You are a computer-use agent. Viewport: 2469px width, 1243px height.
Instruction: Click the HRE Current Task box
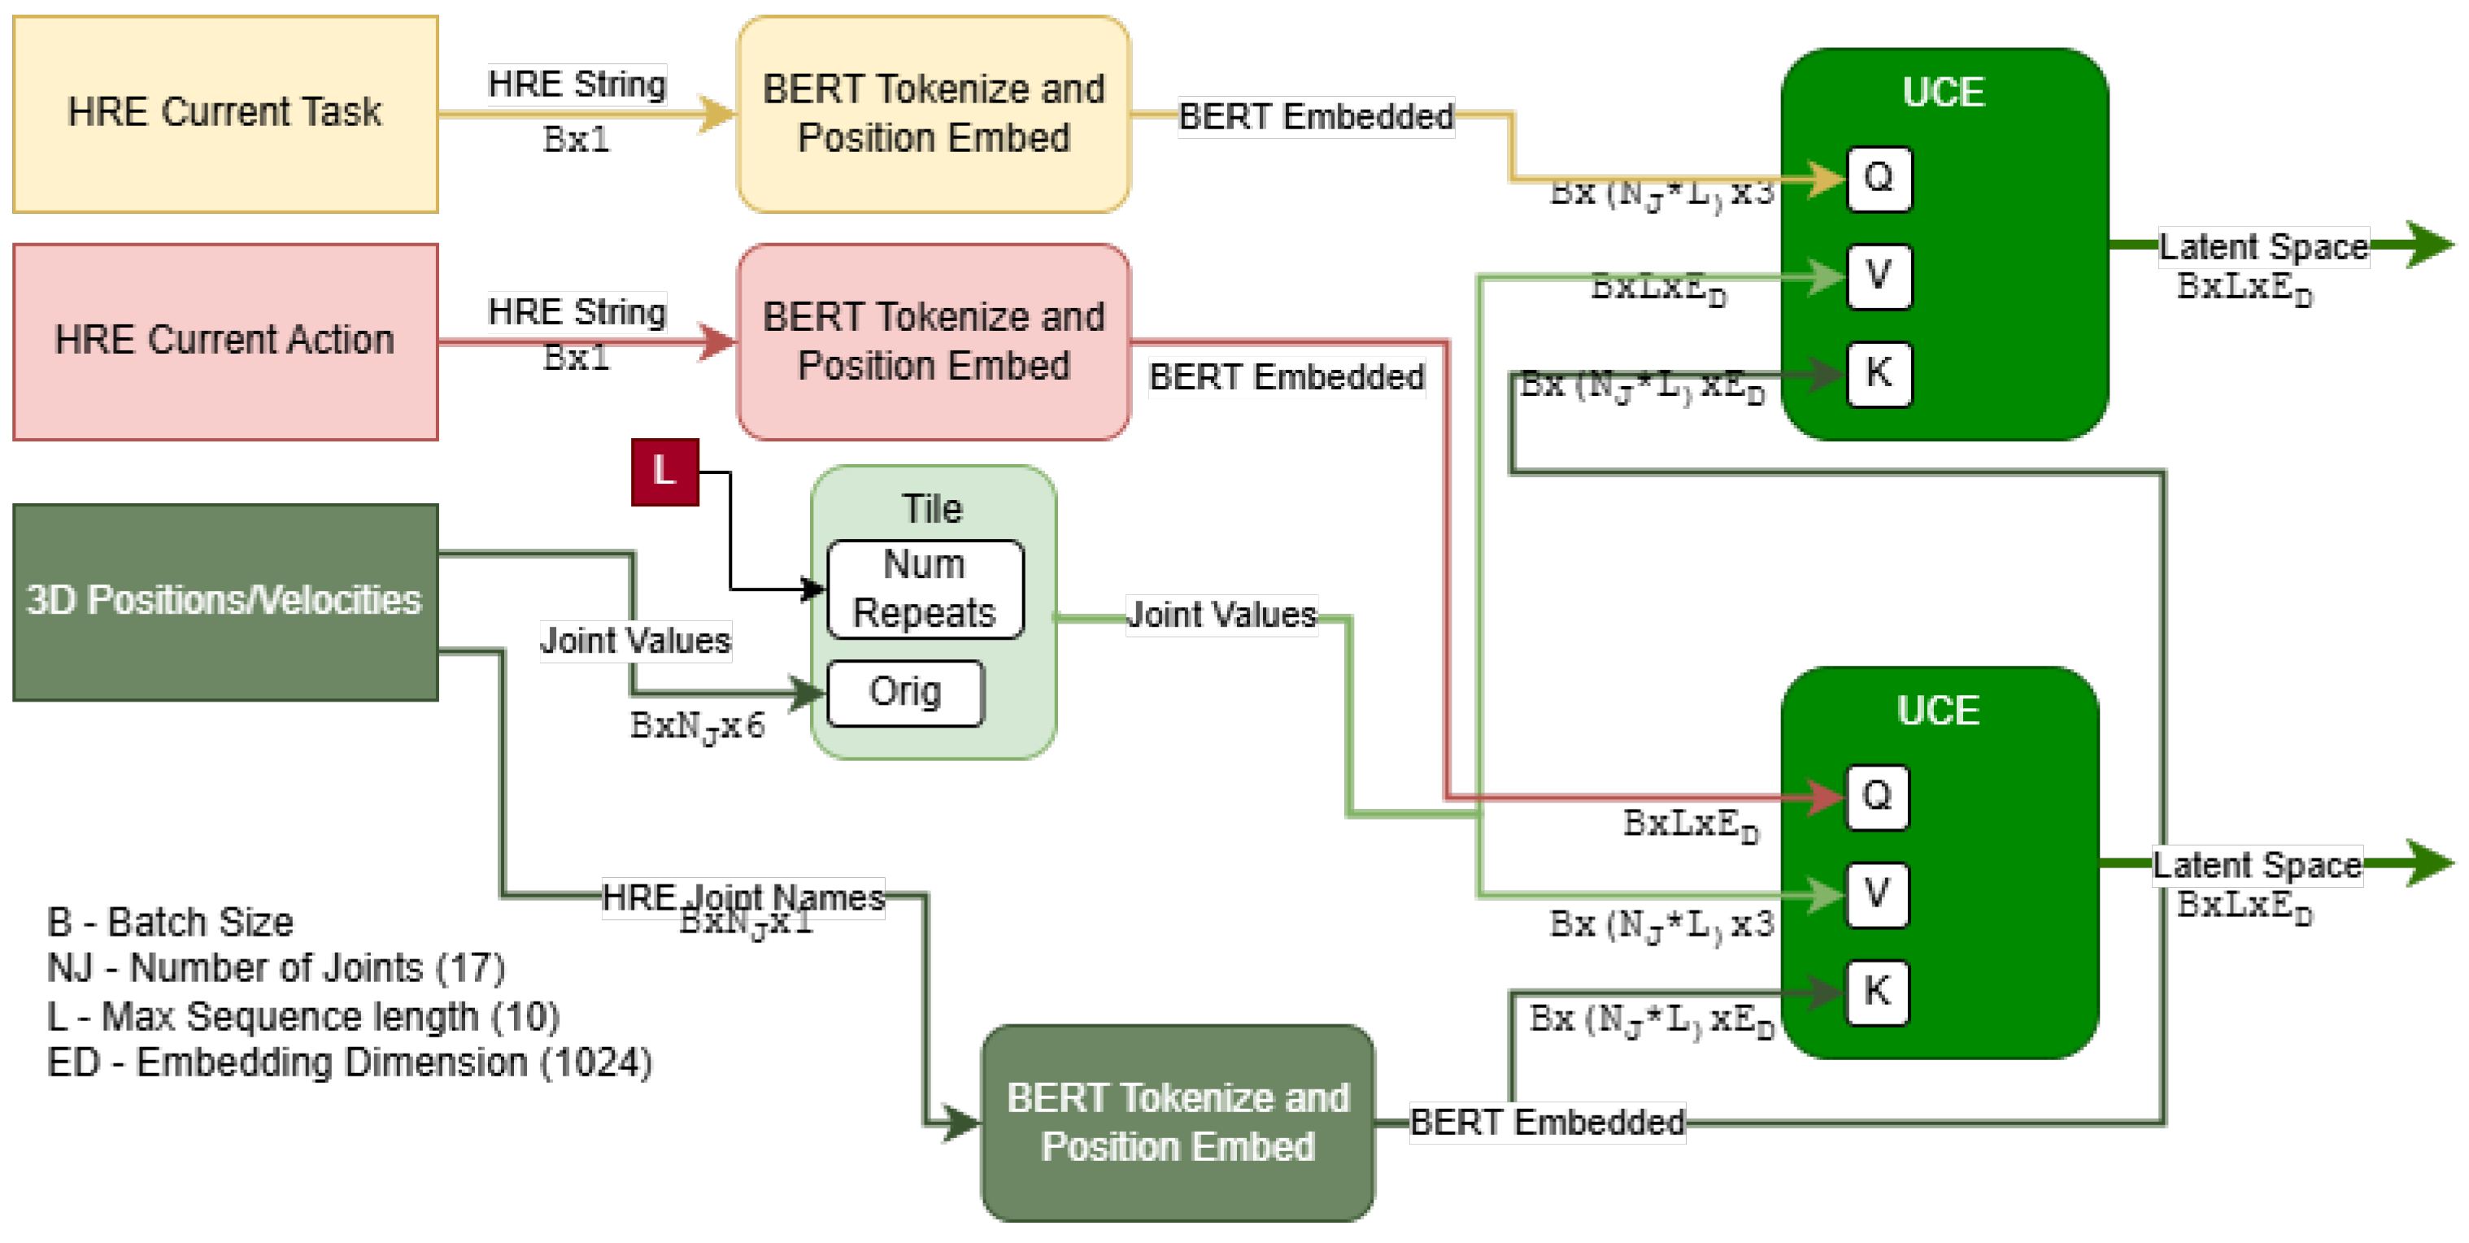pyautogui.click(x=225, y=113)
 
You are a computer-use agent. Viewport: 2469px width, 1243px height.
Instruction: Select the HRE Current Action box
pyautogui.click(x=225, y=341)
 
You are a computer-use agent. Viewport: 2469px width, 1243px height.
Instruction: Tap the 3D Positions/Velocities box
pyautogui.click(x=225, y=602)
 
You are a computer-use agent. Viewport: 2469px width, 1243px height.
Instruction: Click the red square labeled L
pyautogui.click(x=664, y=472)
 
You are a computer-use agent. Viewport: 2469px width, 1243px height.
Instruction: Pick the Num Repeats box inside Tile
pyautogui.click(x=925, y=589)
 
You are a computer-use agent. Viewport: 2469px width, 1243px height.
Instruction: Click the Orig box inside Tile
pyautogui.click(x=905, y=692)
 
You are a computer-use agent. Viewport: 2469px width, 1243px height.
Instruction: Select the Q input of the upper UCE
pyautogui.click(x=1879, y=178)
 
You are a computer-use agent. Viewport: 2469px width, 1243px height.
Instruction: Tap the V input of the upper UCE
pyautogui.click(x=1879, y=276)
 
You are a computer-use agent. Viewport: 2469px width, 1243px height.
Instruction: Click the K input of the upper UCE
pyautogui.click(x=1879, y=373)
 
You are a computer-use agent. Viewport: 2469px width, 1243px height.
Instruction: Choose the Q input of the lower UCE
pyautogui.click(x=1877, y=797)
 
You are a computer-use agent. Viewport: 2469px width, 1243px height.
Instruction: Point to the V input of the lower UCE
pyautogui.click(x=1877, y=894)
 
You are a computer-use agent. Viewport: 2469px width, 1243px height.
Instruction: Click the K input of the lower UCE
pyautogui.click(x=1877, y=992)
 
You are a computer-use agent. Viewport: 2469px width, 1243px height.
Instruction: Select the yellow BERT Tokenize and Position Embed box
pyautogui.click(x=933, y=113)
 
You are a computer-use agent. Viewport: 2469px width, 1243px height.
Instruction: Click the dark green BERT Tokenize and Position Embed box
pyautogui.click(x=1177, y=1122)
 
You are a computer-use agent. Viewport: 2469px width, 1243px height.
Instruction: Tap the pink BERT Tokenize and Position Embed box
pyautogui.click(x=933, y=341)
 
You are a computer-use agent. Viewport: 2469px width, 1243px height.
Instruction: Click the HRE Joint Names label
pyautogui.click(x=742, y=897)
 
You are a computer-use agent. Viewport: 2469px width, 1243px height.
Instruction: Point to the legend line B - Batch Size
pyautogui.click(x=171, y=922)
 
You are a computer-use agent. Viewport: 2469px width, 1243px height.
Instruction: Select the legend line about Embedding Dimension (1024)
pyautogui.click(x=350, y=1063)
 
